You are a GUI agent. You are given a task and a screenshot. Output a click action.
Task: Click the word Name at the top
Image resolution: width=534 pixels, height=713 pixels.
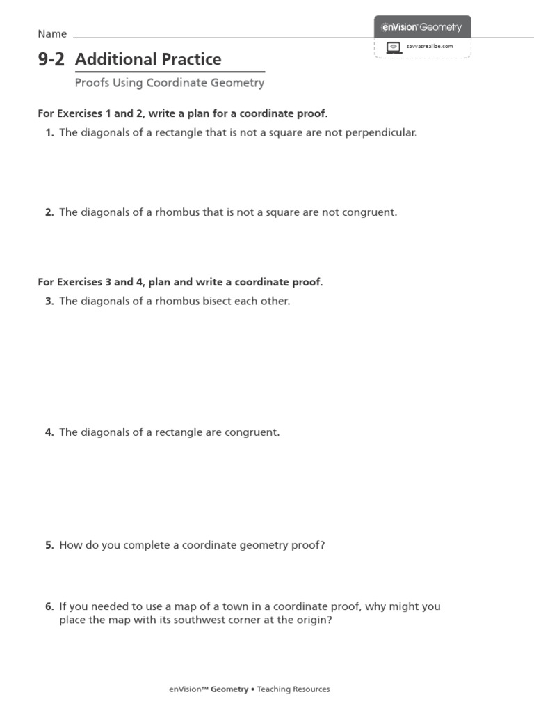[52, 33]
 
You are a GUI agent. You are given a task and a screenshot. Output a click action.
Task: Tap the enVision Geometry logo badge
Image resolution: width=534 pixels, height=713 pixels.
[422, 27]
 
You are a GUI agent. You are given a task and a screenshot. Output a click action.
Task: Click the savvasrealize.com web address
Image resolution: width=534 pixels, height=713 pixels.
[430, 46]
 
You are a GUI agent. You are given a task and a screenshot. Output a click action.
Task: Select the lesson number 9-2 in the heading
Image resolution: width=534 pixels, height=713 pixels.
[51, 60]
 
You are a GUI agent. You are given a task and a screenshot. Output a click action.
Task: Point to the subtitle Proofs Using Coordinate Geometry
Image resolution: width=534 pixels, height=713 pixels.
[170, 83]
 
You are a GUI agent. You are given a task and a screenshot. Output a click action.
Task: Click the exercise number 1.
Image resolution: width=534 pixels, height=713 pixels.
[49, 132]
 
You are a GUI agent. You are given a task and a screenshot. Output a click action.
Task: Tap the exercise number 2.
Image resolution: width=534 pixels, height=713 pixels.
[49, 212]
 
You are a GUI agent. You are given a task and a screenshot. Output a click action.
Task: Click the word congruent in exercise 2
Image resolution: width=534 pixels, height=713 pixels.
[369, 212]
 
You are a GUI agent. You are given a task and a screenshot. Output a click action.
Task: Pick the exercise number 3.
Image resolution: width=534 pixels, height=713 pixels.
[49, 301]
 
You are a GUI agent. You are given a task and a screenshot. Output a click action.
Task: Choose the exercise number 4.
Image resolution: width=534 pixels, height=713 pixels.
[49, 432]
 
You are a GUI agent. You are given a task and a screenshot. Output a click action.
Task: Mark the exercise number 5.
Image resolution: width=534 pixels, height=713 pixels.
[49, 545]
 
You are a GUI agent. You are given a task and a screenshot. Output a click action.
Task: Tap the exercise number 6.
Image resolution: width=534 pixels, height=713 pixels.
[49, 606]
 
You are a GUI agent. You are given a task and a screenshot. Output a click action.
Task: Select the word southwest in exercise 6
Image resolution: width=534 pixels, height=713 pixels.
[204, 620]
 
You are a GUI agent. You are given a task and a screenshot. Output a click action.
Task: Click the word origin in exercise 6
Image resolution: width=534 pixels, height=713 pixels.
[311, 620]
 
